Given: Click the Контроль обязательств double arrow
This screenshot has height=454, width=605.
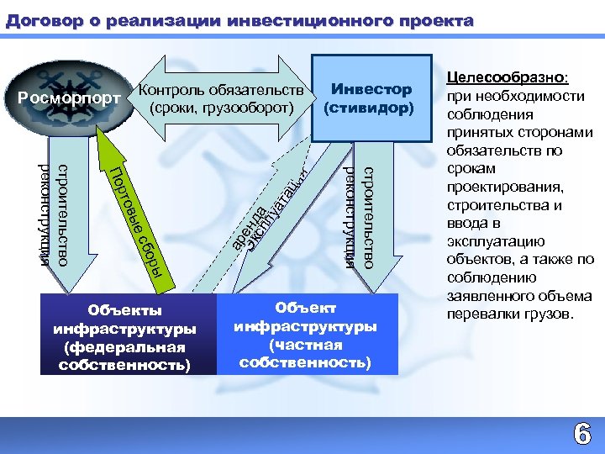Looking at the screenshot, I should pyautogui.click(x=222, y=98).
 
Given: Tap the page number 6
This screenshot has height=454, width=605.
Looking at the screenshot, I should pyautogui.click(x=581, y=434).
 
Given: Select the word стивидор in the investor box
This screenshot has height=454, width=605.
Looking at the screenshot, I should pyautogui.click(x=366, y=108).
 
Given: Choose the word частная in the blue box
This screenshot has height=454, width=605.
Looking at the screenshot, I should pyautogui.click(x=305, y=345).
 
